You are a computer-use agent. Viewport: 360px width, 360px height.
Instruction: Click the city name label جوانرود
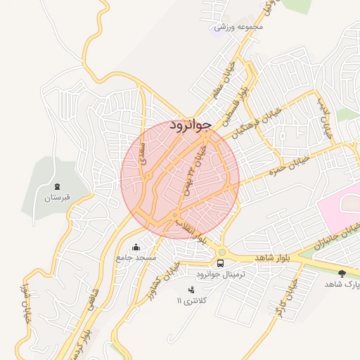(191, 125)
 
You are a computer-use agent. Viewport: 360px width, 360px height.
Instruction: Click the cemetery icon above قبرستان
(58, 186)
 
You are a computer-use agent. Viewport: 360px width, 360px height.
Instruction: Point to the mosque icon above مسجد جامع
(136, 247)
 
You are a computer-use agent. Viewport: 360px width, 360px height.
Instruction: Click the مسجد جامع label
(136, 258)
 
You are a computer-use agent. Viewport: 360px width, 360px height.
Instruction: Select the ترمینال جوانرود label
(221, 274)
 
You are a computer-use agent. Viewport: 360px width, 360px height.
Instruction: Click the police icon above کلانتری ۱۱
(191, 290)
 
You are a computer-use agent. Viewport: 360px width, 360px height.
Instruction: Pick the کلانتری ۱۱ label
(192, 301)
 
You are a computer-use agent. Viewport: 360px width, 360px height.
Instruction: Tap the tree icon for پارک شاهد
(342, 274)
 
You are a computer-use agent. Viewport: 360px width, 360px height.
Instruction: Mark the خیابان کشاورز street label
(163, 280)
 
